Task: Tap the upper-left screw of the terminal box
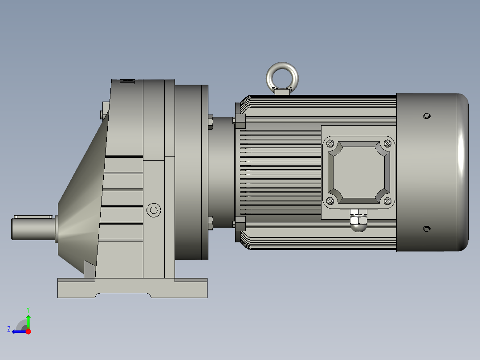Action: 330,143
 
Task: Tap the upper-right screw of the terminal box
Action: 387,143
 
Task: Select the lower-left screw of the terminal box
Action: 330,201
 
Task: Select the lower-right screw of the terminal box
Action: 387,201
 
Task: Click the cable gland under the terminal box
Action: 358,221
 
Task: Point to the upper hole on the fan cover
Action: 427,116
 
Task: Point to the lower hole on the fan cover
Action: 427,229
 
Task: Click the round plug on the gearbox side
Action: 154,210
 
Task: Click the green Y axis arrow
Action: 28,320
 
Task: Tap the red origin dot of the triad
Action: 28,331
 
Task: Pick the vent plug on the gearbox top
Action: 127,82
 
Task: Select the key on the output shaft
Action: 32,217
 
